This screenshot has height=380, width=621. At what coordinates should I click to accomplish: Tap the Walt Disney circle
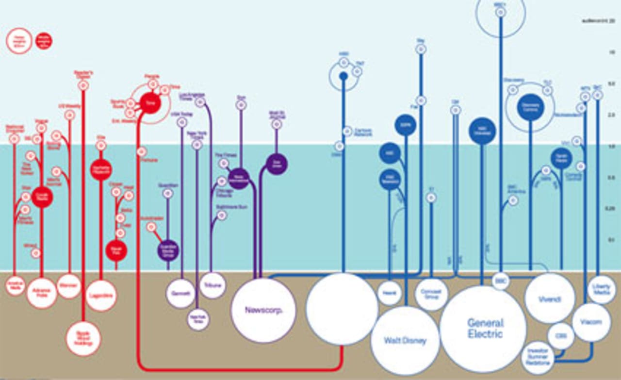[x=405, y=341]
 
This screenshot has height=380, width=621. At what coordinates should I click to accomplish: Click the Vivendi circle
[x=550, y=298]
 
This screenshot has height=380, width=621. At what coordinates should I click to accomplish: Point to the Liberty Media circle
[x=602, y=290]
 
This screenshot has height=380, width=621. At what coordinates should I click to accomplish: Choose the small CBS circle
[x=561, y=336]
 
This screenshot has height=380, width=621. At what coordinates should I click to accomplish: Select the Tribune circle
[x=212, y=285]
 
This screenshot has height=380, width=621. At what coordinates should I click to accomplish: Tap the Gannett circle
[x=180, y=294]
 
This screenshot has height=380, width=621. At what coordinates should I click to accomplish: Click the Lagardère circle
[x=101, y=295]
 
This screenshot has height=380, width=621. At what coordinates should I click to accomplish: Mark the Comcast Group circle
[x=431, y=295]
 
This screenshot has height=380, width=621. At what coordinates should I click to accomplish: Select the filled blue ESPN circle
[x=406, y=125]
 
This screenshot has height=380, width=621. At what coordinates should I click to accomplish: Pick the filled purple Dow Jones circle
[x=277, y=164]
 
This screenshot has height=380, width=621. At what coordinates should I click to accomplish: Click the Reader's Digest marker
[x=83, y=86]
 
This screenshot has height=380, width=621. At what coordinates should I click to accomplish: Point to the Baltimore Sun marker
[x=222, y=215]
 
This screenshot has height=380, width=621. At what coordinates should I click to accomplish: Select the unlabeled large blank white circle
[x=342, y=309]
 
